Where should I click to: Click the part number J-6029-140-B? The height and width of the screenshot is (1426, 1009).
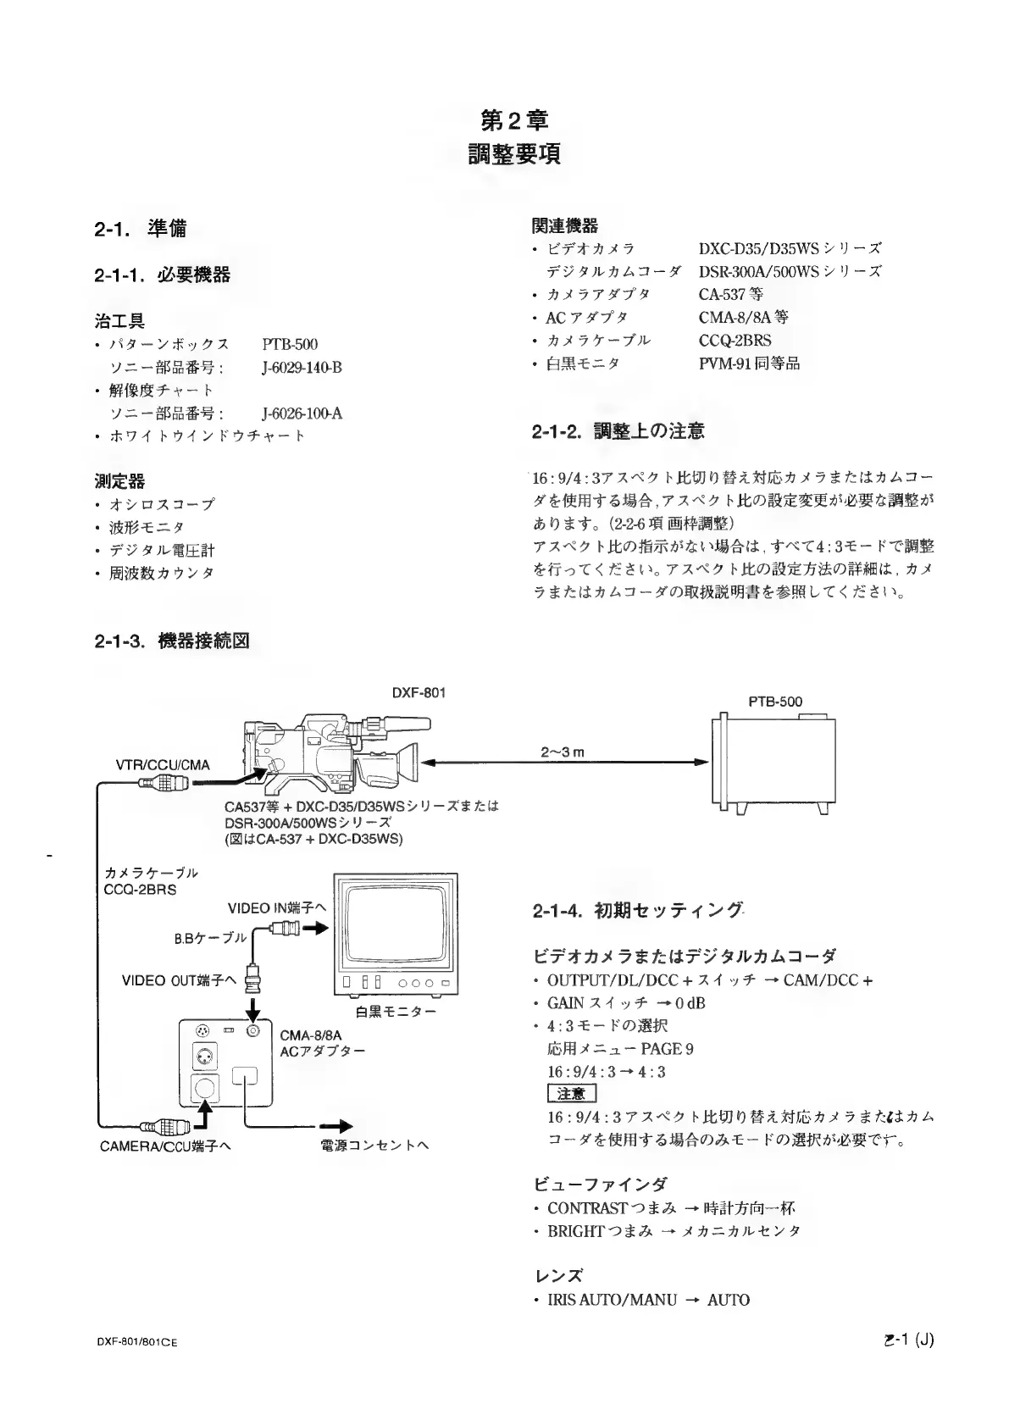tap(302, 368)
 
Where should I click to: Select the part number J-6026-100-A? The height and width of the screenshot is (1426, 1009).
tap(302, 413)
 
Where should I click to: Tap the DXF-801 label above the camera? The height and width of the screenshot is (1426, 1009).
tap(419, 692)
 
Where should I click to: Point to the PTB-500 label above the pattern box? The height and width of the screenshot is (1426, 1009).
tap(774, 702)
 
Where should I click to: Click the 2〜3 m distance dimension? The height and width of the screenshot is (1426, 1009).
tap(563, 752)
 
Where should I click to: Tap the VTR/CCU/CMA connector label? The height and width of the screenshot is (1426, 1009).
tap(162, 765)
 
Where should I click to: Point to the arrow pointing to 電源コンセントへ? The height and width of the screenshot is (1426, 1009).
tap(335, 1127)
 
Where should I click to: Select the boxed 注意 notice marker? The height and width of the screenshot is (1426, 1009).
tap(572, 1094)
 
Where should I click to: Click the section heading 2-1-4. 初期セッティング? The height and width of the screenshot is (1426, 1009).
tap(638, 911)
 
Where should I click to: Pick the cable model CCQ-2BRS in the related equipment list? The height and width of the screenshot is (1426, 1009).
tap(735, 340)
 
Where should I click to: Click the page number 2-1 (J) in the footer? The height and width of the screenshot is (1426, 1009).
tap(906, 1340)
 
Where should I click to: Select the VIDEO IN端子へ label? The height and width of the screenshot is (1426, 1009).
tap(277, 908)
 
